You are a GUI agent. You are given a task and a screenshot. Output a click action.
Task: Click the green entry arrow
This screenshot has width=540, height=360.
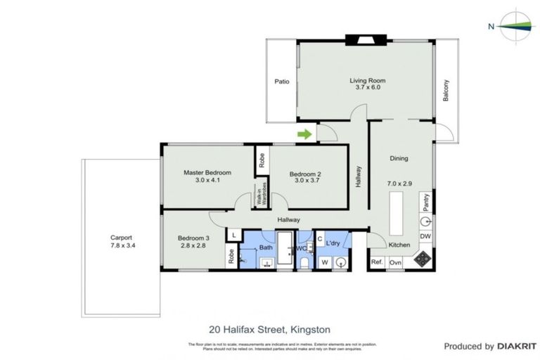[x=304, y=134]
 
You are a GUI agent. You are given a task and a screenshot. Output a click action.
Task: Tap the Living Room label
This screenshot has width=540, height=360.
[x=367, y=80]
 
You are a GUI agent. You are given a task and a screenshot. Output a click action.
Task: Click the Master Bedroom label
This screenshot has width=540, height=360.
[x=207, y=172]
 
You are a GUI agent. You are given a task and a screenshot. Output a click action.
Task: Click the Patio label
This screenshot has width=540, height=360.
[x=282, y=82]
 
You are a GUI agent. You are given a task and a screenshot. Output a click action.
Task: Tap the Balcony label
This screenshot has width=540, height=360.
[x=446, y=90]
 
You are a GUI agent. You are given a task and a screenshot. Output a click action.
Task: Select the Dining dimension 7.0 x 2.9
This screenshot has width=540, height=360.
[x=399, y=184]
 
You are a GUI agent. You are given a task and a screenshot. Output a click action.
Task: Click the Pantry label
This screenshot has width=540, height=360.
[x=425, y=202]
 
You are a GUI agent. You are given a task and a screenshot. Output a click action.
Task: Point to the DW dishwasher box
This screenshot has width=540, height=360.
[x=425, y=237]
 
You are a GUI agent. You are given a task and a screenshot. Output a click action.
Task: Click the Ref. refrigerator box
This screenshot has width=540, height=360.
[x=376, y=262]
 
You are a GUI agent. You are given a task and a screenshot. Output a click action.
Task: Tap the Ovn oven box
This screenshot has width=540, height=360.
[x=395, y=262]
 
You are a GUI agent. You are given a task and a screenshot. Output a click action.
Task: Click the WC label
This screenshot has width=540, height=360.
[x=300, y=248]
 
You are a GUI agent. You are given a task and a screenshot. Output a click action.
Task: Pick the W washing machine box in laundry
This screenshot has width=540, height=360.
[x=325, y=262]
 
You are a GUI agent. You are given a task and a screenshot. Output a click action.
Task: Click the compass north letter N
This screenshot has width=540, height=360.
[x=490, y=27]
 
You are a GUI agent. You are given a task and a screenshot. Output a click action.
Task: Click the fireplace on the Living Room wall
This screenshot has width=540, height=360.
[x=366, y=39]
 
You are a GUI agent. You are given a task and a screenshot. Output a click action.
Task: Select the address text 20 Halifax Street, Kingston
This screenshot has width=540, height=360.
[x=269, y=328]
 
